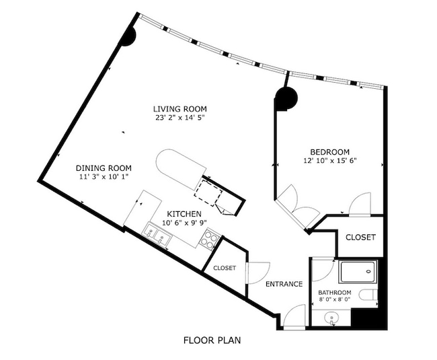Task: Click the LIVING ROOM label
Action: tap(180, 108)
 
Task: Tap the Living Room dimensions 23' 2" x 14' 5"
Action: tap(180, 118)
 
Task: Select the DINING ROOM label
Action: tap(103, 168)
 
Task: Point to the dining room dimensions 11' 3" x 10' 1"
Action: tap(103, 177)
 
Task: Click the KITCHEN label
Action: tap(184, 214)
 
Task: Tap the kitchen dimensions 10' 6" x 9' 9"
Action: tap(184, 223)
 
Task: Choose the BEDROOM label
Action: tap(329, 151)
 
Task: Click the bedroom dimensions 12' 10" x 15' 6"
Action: tap(329, 161)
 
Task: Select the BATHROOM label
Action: tap(335, 293)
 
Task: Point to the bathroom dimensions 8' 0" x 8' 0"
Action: tap(335, 301)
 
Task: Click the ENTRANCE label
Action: tap(284, 284)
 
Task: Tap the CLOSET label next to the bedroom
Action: tap(360, 238)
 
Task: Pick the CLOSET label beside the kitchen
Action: tap(225, 268)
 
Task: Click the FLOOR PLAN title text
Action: tap(212, 340)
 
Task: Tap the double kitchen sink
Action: tap(158, 235)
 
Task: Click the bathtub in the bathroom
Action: tap(358, 273)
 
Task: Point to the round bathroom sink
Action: tap(331, 319)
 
